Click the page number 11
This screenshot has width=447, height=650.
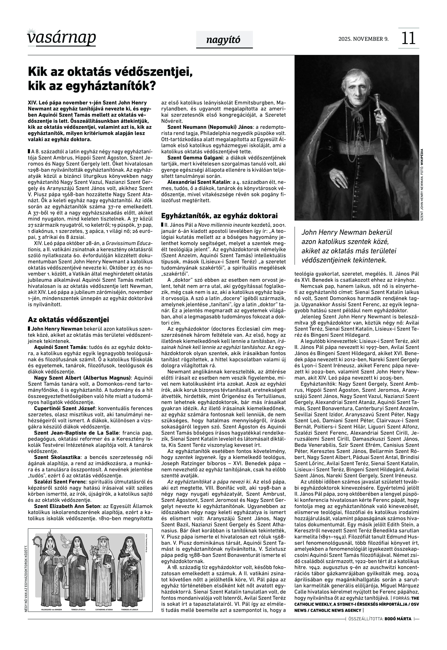point(408,38)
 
